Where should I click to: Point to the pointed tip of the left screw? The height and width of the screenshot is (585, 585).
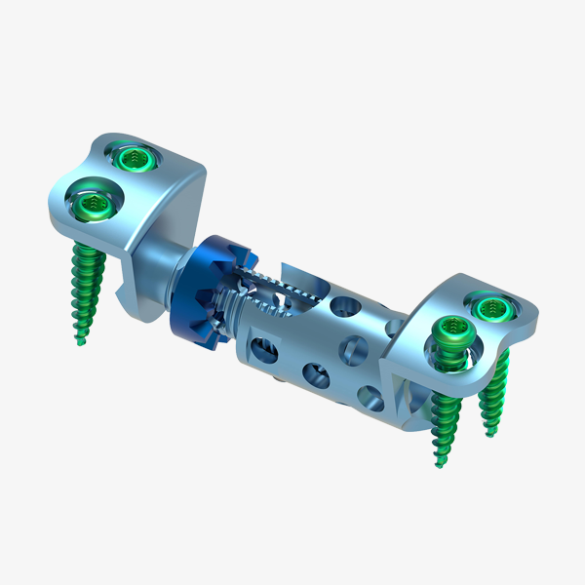pyautogui.click(x=79, y=342)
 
